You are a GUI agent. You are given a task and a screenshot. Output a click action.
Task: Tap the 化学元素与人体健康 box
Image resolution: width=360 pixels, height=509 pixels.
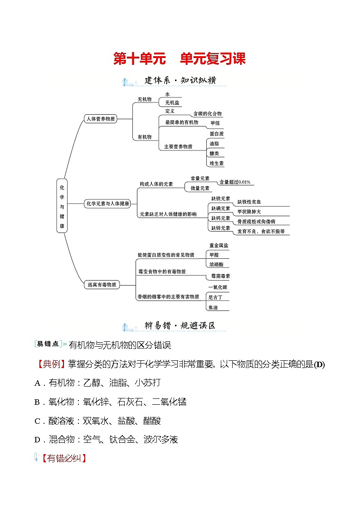coord(107,204)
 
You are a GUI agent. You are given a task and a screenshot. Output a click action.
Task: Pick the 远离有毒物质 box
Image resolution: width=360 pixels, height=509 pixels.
coord(101,285)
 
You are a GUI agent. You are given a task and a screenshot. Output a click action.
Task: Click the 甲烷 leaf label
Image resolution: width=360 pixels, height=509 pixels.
coord(215,123)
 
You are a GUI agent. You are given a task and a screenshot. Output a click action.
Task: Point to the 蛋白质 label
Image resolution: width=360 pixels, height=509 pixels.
coord(216,134)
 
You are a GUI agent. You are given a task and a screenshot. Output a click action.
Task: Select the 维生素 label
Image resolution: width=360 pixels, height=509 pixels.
coord(216,163)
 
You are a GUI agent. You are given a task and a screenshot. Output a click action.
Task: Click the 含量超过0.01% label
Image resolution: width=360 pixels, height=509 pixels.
coord(234,182)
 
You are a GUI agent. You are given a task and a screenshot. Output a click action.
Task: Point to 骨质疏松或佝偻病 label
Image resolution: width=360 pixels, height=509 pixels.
coord(256,222)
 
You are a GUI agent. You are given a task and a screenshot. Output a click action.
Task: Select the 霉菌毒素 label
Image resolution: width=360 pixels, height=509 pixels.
coord(220,276)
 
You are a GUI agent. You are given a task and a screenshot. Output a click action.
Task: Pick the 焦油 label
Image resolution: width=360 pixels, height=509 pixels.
coord(213,307)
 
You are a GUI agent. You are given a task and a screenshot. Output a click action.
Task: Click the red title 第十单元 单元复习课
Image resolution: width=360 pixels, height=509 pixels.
coord(179,58)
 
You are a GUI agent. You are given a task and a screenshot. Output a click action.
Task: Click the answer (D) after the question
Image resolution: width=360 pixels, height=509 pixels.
coord(319,364)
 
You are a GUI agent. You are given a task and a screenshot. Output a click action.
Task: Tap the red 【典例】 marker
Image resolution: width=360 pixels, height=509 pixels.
coord(50,364)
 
